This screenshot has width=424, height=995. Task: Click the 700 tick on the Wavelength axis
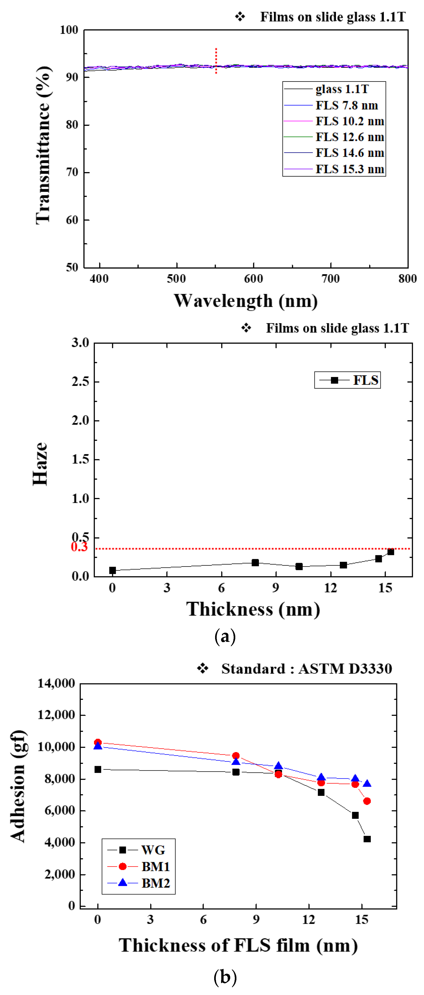point(330,278)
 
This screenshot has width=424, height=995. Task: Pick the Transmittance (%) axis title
point(43,145)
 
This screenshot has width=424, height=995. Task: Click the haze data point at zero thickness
point(112,570)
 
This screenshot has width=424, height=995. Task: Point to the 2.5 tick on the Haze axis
point(80,382)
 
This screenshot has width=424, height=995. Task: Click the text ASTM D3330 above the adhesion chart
point(345,669)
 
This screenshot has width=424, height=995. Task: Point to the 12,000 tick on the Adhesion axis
point(56,715)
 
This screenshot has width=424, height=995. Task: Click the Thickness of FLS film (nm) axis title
point(238,946)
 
